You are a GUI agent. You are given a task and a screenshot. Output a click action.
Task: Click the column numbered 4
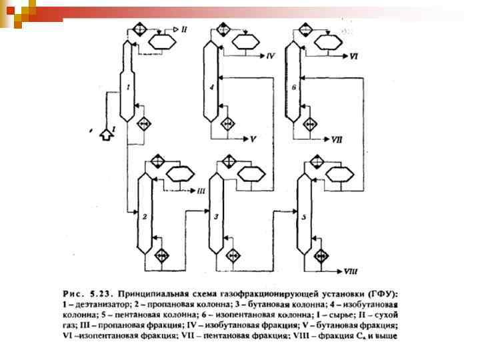[211, 87]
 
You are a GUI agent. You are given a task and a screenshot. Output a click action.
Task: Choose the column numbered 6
[293, 87]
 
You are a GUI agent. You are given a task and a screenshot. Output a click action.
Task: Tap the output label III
[201, 191]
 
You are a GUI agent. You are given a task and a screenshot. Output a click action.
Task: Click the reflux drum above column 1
[160, 41]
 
